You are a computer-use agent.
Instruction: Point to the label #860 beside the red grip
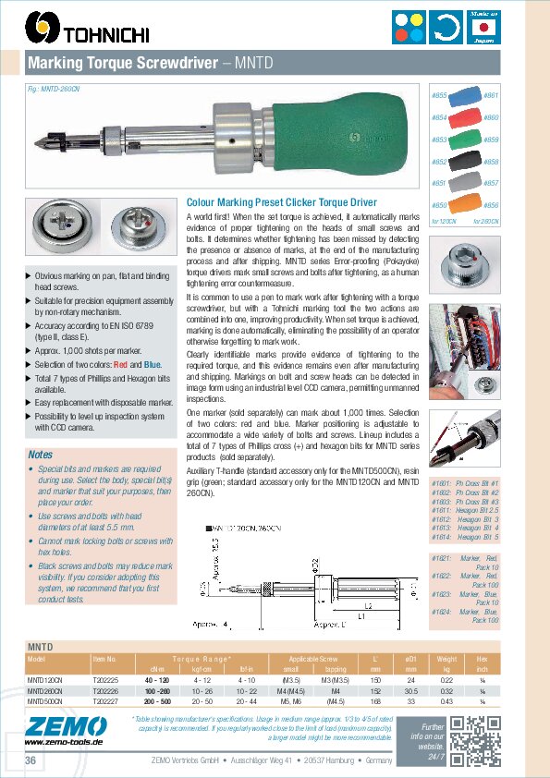coord(491,118)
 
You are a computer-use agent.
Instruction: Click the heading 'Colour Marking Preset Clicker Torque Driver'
coord(282,201)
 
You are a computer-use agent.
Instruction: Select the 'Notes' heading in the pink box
coord(41,455)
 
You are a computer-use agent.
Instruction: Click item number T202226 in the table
coord(105,689)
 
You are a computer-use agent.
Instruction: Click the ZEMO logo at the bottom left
coord(51,730)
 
